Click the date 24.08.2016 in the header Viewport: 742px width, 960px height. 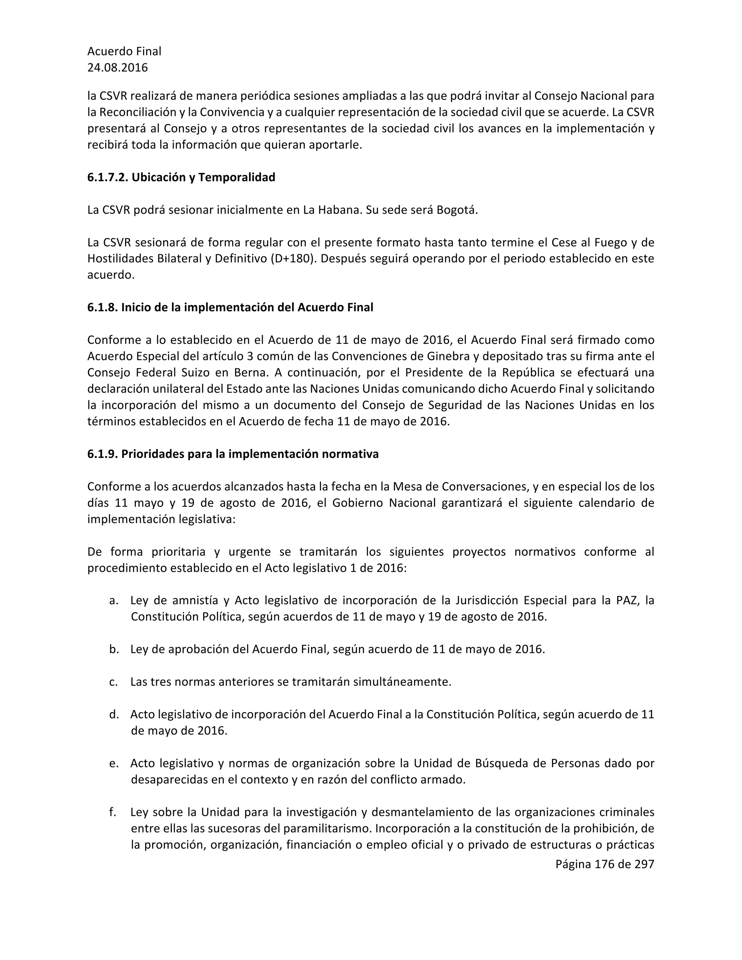coord(117,68)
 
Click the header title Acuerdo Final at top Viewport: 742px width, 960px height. coord(124,51)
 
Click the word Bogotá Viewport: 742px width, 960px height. coord(456,210)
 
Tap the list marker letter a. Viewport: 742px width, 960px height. coord(113,600)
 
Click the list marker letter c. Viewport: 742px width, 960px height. coord(113,682)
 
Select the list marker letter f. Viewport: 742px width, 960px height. coord(113,812)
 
